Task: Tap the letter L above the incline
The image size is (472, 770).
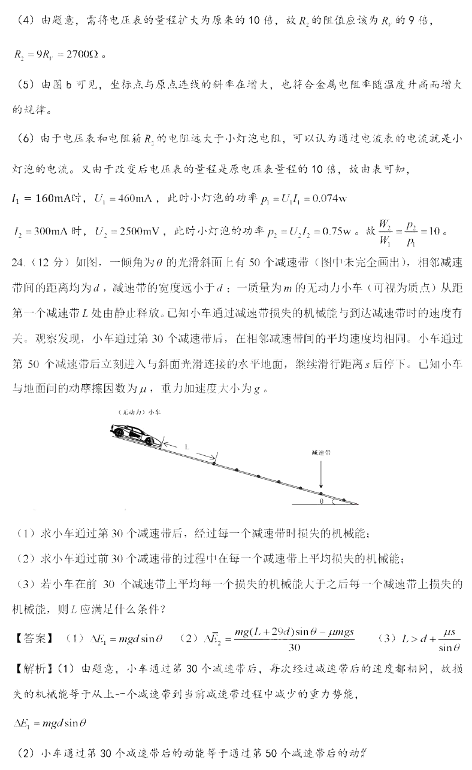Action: tap(187, 447)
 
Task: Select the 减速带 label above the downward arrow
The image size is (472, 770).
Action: tap(321, 454)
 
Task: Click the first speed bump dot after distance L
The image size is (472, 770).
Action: tap(213, 462)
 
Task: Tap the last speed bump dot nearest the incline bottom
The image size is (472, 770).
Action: tap(344, 500)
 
